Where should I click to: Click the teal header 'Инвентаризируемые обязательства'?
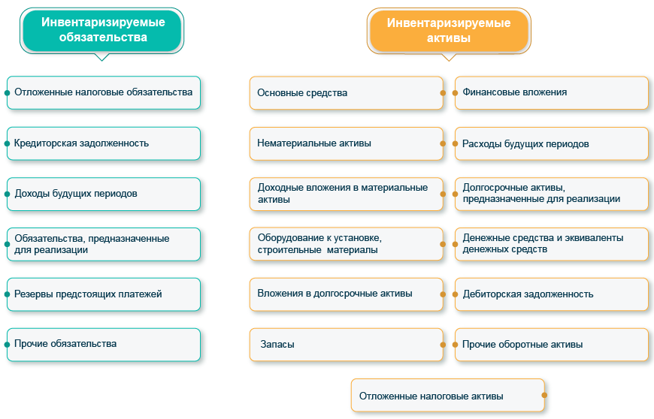[102, 30]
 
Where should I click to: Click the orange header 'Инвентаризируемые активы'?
[448, 30]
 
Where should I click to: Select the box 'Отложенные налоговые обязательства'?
[104, 92]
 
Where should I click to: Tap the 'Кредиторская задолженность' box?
[104, 143]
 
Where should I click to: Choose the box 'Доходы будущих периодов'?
[104, 194]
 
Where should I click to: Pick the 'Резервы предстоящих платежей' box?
[104, 294]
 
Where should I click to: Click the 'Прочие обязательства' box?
[104, 345]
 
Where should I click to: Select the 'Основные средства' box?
[346, 93]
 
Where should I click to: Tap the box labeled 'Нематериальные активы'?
[346, 143]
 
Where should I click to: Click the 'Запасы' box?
[346, 345]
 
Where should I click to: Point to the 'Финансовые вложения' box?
[551, 92]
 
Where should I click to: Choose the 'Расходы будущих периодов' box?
[551, 143]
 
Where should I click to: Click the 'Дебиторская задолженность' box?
[551, 294]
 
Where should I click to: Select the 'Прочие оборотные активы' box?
[551, 345]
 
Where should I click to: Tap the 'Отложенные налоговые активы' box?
[447, 396]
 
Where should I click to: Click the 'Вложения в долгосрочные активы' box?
[346, 294]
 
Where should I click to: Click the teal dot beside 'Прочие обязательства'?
[7, 345]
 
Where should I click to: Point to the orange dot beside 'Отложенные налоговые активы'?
[544, 396]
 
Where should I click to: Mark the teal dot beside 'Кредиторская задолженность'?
[7, 143]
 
